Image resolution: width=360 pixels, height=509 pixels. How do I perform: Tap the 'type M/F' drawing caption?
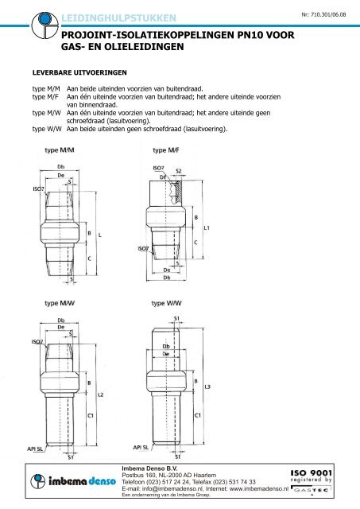tap(170, 150)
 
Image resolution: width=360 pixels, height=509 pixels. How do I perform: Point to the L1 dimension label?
tap(207, 228)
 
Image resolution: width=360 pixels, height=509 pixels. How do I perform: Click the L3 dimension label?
tap(207, 387)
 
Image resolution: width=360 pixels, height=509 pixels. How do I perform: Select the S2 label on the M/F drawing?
tap(179, 171)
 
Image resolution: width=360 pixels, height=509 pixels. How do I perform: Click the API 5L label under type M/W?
tap(35, 449)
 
